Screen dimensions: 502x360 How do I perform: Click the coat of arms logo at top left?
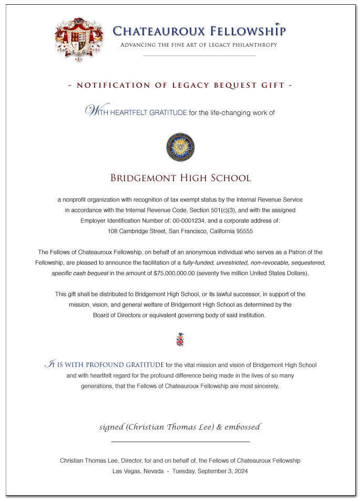pos(77,40)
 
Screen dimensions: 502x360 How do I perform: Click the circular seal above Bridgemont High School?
pos(180,147)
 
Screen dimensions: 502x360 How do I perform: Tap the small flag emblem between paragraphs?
pos(180,340)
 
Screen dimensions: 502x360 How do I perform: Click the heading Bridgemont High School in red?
pos(180,178)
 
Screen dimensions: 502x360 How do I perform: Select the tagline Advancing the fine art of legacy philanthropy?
pos(199,45)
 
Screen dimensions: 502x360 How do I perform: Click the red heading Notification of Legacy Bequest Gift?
pos(180,85)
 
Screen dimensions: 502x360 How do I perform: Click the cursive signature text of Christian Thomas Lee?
pos(180,426)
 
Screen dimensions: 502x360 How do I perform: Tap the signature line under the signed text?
pos(180,443)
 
